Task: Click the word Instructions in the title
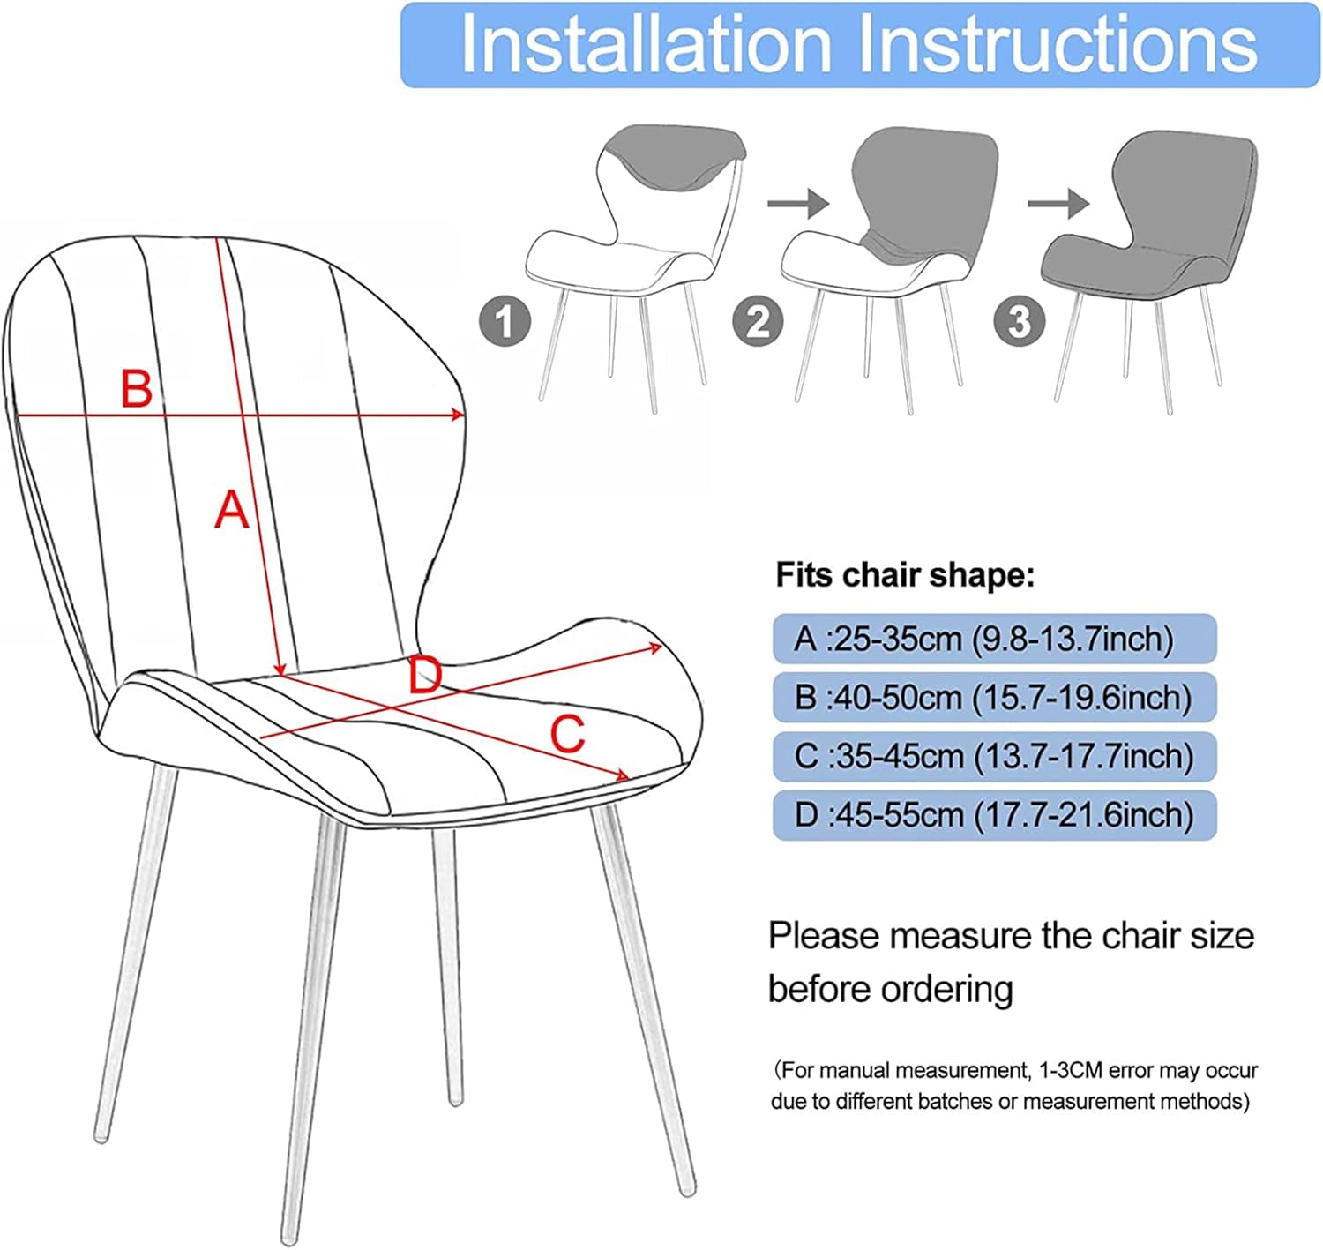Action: click(x=1058, y=44)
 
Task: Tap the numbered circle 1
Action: click(x=505, y=322)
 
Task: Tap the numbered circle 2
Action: click(x=758, y=322)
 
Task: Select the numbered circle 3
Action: click(x=1019, y=322)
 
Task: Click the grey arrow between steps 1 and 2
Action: click(x=797, y=204)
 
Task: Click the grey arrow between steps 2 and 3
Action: click(x=1058, y=204)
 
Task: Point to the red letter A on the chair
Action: click(x=231, y=510)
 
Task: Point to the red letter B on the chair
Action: click(x=136, y=388)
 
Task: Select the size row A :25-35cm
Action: click(x=994, y=639)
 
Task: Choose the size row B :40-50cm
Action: click(x=994, y=698)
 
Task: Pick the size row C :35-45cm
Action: click(x=994, y=757)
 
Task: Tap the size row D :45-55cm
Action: click(x=994, y=815)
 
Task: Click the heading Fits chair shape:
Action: click(x=904, y=575)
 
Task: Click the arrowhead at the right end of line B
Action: click(x=457, y=415)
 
